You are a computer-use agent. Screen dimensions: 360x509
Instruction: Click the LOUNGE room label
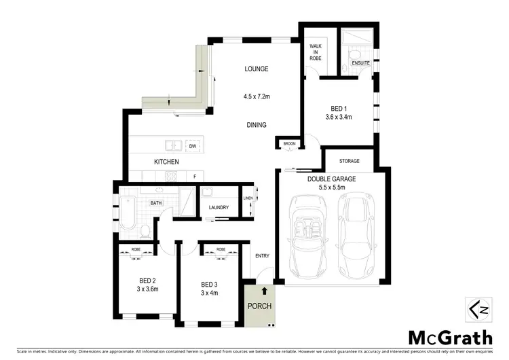click(257, 69)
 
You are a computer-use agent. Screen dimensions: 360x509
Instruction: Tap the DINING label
click(257, 125)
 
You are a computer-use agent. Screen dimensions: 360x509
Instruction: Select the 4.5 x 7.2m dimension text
click(257, 96)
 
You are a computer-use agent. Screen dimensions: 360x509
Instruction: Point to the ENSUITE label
click(360, 63)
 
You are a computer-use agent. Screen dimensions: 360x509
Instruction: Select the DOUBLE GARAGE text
click(331, 179)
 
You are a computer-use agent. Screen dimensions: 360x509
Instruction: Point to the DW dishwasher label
click(193, 146)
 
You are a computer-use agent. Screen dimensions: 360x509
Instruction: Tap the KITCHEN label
click(166, 162)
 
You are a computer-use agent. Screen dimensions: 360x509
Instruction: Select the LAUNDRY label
click(219, 207)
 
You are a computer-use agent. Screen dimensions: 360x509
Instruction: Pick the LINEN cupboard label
click(248, 198)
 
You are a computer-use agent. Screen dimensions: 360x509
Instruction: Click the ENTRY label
click(262, 256)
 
